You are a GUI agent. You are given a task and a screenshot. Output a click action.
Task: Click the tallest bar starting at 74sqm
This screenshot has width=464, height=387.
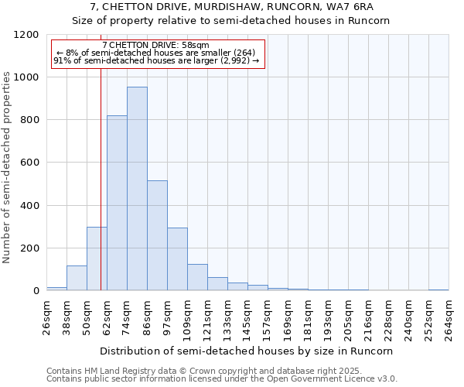(x=137, y=189)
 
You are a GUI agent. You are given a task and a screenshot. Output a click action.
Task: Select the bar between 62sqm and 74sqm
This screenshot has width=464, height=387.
(x=117, y=203)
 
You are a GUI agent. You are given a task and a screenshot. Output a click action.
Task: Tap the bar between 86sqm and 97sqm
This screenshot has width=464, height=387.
(x=157, y=235)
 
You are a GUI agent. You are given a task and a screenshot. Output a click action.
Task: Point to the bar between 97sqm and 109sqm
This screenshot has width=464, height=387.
(x=177, y=259)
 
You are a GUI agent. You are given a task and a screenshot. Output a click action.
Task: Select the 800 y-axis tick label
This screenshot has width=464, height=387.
(x=29, y=120)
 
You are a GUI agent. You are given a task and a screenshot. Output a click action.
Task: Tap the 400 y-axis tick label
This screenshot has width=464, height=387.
(x=29, y=206)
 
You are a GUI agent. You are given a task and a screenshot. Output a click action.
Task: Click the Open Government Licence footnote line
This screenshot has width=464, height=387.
(x=222, y=379)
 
